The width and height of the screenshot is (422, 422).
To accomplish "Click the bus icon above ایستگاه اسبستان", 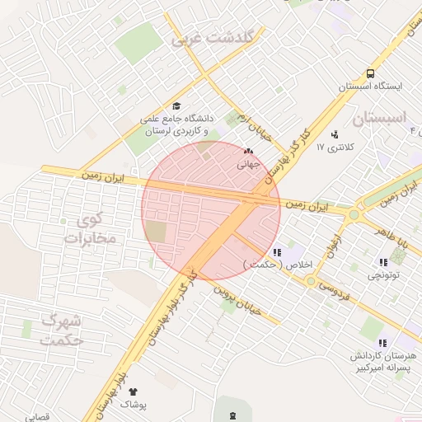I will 369,73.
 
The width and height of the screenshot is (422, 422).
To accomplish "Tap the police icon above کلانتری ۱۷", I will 334,134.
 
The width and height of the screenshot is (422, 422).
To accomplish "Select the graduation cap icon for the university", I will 176,106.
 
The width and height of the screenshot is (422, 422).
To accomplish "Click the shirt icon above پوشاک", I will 133,392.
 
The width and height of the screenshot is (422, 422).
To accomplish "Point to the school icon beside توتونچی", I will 382,262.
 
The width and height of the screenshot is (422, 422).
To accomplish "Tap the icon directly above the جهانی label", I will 248,152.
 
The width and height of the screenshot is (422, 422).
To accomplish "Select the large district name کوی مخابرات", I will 91,229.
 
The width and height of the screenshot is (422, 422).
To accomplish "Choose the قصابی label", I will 38,417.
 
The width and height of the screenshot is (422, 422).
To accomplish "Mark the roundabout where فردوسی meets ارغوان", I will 311,281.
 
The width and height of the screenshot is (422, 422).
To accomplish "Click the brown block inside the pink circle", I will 156,232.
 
